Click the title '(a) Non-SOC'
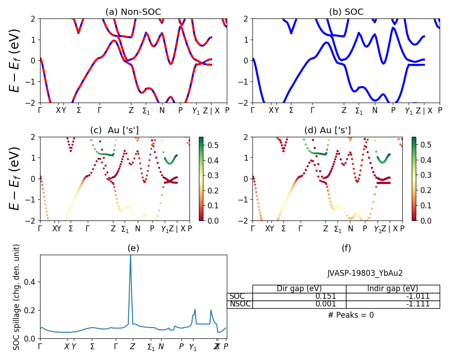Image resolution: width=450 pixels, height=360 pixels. click(x=133, y=12)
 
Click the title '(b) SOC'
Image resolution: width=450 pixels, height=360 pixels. click(x=346, y=12)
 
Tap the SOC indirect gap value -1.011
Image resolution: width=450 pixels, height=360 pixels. click(x=417, y=297)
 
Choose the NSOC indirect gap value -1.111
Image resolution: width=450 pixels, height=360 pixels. click(x=417, y=304)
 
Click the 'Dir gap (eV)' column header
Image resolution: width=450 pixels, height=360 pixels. click(x=299, y=289)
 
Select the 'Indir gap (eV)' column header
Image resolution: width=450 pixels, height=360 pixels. click(x=392, y=289)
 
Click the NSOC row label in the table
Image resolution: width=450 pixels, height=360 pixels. click(x=240, y=304)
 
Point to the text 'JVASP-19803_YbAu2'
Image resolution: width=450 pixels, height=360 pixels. click(x=365, y=273)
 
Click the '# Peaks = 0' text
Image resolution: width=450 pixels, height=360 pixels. click(x=351, y=315)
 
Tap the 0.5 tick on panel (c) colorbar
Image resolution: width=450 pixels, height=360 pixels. click(x=212, y=145)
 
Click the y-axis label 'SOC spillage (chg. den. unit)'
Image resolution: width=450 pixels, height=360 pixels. click(x=17, y=297)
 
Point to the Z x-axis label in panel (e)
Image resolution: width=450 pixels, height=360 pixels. click(x=132, y=347)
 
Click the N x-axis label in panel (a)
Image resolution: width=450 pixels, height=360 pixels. click(x=162, y=110)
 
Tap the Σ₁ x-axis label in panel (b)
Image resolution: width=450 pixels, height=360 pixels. click(x=359, y=111)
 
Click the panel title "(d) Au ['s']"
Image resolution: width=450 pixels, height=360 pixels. click(x=328, y=130)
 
